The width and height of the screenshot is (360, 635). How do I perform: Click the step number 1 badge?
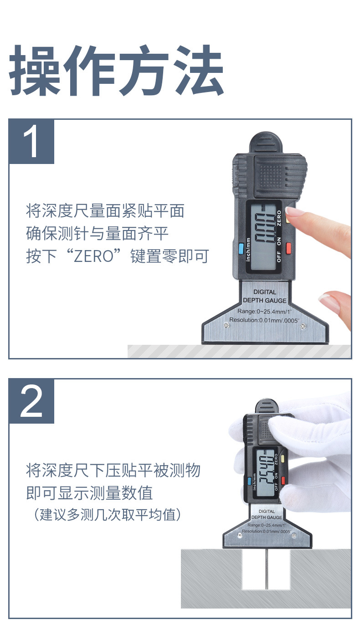point(31,141)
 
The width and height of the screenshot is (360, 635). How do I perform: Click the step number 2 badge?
point(31,401)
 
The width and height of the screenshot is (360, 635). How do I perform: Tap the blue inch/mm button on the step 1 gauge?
point(241,248)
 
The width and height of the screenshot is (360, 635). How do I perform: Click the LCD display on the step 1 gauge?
point(263,236)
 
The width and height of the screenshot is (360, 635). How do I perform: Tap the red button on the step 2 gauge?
point(283,480)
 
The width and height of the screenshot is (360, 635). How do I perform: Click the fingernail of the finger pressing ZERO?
point(292,211)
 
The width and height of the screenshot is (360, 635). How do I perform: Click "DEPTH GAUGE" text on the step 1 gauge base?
point(264,300)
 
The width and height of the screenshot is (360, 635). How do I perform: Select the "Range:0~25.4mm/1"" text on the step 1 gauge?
point(264,311)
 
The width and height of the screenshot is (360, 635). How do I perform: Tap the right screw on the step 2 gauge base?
point(294,535)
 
